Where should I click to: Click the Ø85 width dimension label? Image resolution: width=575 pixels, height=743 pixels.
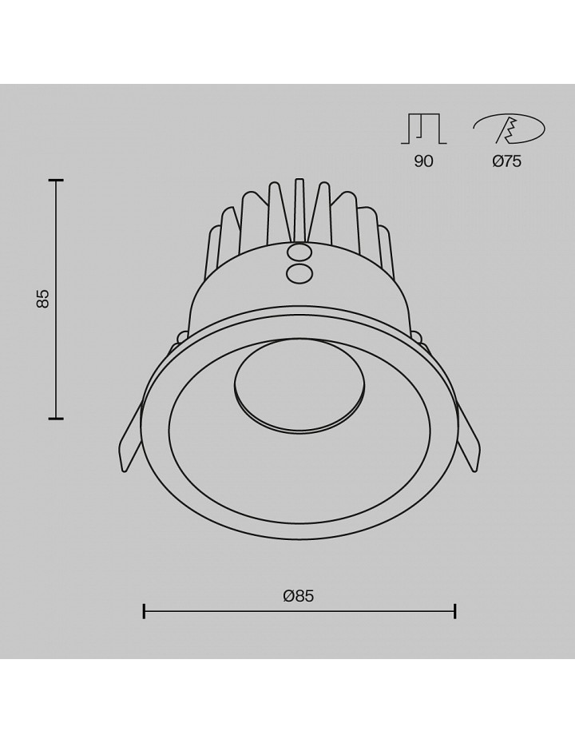[299, 596]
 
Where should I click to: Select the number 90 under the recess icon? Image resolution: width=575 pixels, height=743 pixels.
[423, 161]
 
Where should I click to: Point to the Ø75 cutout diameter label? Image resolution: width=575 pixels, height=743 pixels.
[507, 161]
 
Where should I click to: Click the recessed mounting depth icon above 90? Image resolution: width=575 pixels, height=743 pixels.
[424, 129]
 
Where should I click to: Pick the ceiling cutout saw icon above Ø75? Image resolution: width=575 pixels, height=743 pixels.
[510, 129]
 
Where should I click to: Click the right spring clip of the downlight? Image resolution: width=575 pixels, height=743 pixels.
[469, 436]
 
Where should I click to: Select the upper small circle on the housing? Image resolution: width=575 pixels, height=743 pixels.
[299, 251]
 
